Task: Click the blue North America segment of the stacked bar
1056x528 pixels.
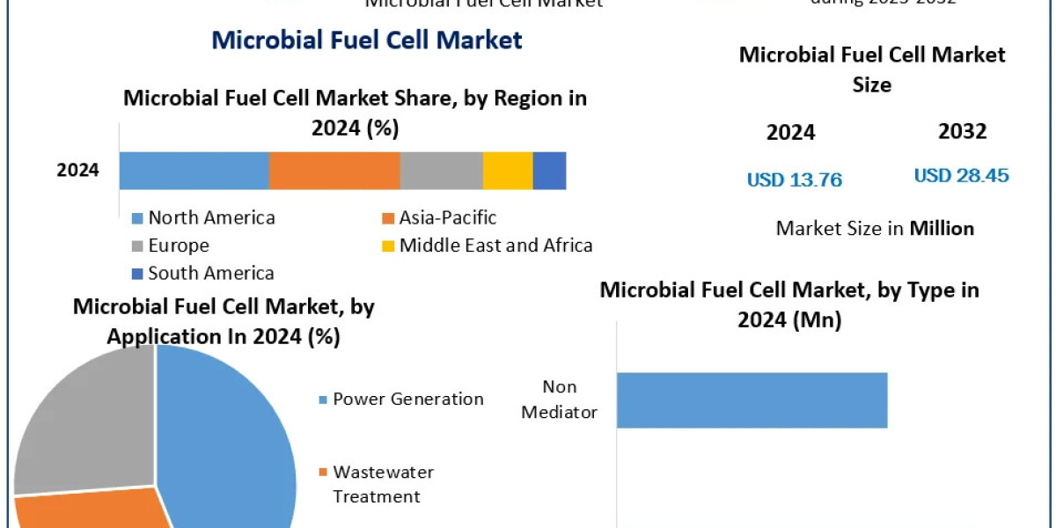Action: coord(194,170)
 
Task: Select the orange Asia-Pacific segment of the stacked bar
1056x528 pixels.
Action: coord(334,170)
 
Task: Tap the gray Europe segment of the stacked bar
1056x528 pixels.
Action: coord(441,170)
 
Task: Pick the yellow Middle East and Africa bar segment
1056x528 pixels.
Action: coord(508,170)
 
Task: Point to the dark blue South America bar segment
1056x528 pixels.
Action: coord(549,170)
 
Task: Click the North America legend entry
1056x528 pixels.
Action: coord(203,218)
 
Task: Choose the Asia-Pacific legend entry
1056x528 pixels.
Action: coord(439,217)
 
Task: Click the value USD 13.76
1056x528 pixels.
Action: coord(795,180)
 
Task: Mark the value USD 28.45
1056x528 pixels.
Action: coord(961,175)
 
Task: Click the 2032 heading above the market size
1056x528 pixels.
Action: coord(962,132)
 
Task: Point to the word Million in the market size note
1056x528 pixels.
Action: coord(942,229)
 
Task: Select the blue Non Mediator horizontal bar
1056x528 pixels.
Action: coord(752,400)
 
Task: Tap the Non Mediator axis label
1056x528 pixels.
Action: coord(560,400)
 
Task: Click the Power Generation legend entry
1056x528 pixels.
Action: coord(400,400)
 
